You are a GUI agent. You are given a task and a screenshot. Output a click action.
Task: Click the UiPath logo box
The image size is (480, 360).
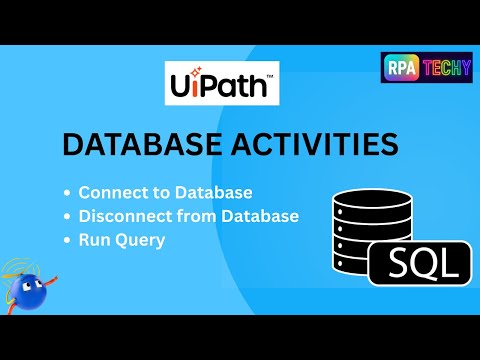tap(222, 84)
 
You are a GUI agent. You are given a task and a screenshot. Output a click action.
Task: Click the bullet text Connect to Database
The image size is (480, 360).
tap(165, 192)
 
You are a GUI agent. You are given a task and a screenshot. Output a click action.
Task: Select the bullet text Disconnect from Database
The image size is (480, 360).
tap(189, 216)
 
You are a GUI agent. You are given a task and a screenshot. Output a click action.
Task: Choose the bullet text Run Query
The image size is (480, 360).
tap(123, 240)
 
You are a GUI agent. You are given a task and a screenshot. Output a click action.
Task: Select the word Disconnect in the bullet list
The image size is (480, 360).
tap(120, 216)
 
